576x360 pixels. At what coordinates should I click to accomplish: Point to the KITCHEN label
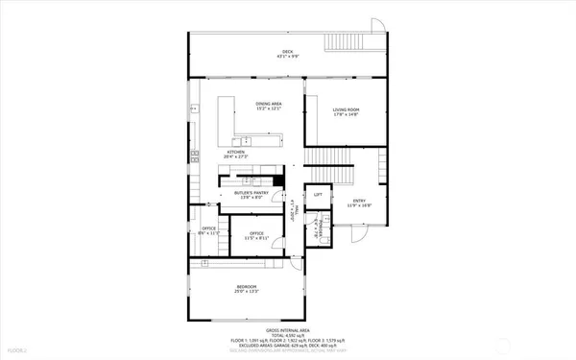click(x=235, y=153)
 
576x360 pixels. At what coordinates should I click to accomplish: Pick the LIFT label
click(x=318, y=195)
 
